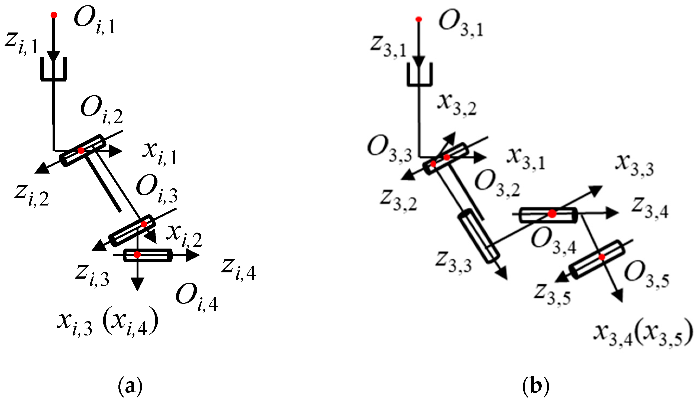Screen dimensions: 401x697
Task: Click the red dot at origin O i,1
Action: tap(54, 15)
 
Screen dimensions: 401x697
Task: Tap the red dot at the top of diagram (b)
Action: tap(419, 19)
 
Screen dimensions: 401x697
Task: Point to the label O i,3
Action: tap(157, 190)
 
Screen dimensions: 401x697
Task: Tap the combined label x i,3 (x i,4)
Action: tap(108, 324)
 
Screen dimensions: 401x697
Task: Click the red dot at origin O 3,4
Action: tap(552, 214)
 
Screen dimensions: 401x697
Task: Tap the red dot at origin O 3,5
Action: tap(602, 257)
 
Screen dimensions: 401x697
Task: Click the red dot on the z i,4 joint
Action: tap(137, 255)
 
